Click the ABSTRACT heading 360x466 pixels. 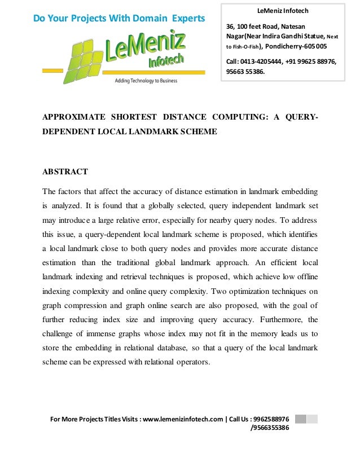point(65,172)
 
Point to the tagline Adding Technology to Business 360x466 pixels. point(146,81)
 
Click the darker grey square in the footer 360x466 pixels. point(300,419)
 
